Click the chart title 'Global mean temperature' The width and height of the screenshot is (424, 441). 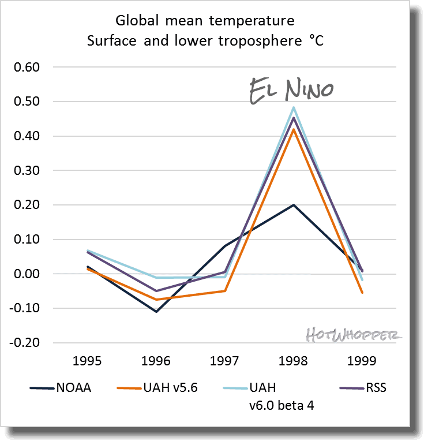click(205, 21)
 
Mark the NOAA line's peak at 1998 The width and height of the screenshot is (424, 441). click(294, 205)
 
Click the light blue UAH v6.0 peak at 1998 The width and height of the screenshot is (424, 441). click(294, 107)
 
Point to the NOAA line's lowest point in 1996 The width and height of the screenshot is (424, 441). click(156, 312)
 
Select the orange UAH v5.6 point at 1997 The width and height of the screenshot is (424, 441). click(224, 291)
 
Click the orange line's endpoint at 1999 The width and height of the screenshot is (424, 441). click(362, 293)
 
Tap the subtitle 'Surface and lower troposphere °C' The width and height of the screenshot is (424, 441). click(205, 42)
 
